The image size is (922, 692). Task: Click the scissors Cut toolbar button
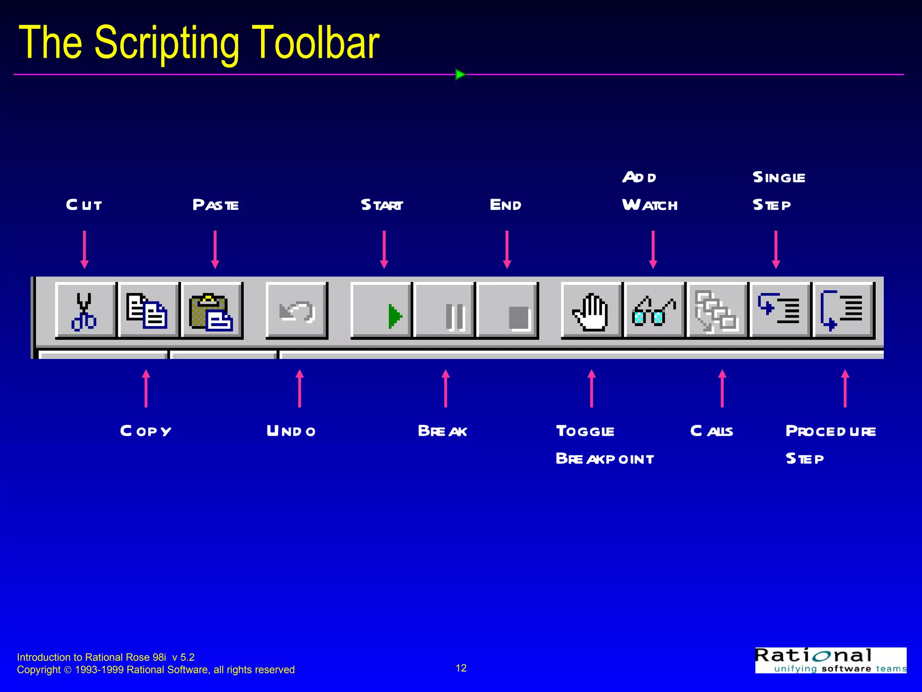85,311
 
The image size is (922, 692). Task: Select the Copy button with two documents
148,311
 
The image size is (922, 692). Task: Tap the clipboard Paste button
211,311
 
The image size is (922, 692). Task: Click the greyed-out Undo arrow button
296,311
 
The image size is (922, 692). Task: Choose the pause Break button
444,311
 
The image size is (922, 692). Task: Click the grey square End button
507,311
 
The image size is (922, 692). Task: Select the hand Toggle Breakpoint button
592,311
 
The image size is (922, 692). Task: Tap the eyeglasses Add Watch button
654,311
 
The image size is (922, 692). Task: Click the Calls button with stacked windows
717,311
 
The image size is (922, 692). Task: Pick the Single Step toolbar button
780,311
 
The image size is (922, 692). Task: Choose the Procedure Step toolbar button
843,311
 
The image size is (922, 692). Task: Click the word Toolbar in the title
315,43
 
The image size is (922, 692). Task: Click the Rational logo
830,660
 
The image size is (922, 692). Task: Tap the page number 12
461,668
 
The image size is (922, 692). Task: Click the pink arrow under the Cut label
84,250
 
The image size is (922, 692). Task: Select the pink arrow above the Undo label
299,388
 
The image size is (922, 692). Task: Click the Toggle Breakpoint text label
605,445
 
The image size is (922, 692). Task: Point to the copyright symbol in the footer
68,670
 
